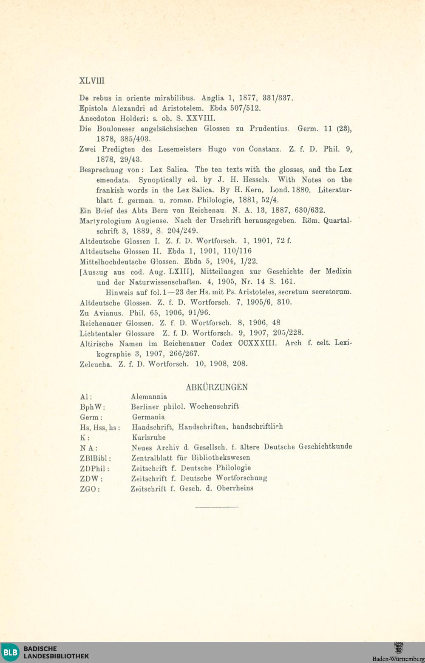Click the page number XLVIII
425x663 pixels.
(x=92, y=81)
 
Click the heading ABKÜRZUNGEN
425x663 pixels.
(x=217, y=387)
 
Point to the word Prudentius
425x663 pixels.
(x=269, y=128)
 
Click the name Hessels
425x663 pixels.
(x=256, y=179)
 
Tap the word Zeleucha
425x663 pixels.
(x=96, y=364)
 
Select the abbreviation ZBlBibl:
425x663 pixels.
(x=96, y=458)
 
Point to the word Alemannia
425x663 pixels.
(x=149, y=397)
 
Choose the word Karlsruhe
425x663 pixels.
(x=149, y=437)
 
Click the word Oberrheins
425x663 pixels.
(x=235, y=488)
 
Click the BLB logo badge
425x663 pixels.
(x=10, y=652)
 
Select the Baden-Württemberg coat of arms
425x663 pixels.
(x=399, y=648)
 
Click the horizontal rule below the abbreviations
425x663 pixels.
(x=217, y=507)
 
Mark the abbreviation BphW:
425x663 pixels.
(x=92, y=407)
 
